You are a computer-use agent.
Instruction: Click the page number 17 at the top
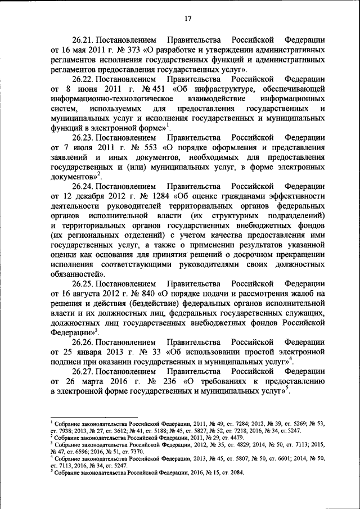click(188, 19)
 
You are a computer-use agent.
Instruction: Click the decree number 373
click(133, 50)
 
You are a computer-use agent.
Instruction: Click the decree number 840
click(146, 292)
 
